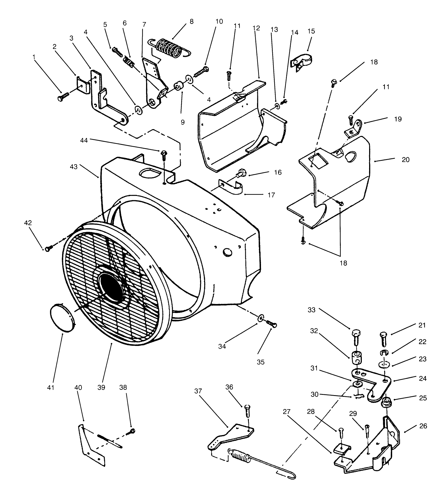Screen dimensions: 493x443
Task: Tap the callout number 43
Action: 74,167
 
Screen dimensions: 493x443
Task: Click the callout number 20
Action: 405,160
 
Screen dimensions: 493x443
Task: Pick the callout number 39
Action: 101,387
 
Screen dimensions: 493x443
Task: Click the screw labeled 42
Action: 48,248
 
